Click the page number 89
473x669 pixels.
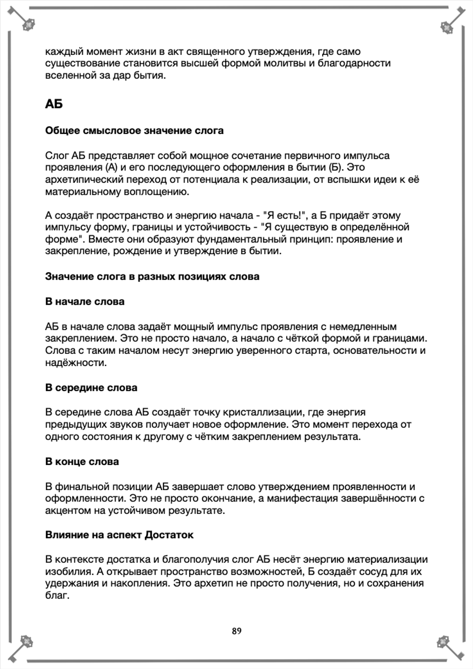[236, 631]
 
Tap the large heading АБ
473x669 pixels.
[54, 104]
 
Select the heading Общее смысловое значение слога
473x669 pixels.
[134, 131]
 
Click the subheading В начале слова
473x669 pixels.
[85, 301]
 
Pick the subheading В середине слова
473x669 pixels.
[91, 387]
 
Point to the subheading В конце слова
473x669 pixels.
[82, 461]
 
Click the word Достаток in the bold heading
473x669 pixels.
[169, 535]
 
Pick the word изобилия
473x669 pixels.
[65, 572]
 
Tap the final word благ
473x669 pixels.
[56, 595]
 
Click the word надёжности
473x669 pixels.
[76, 363]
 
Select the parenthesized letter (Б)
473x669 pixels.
[333, 167]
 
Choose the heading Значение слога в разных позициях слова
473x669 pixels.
[152, 276]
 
